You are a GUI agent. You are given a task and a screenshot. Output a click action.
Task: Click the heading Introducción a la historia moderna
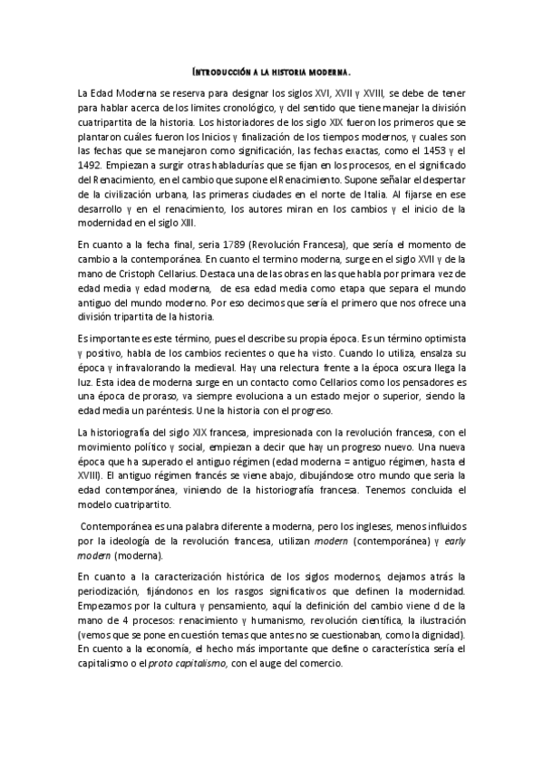(272, 71)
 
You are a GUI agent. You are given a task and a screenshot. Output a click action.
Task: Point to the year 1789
(235, 245)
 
